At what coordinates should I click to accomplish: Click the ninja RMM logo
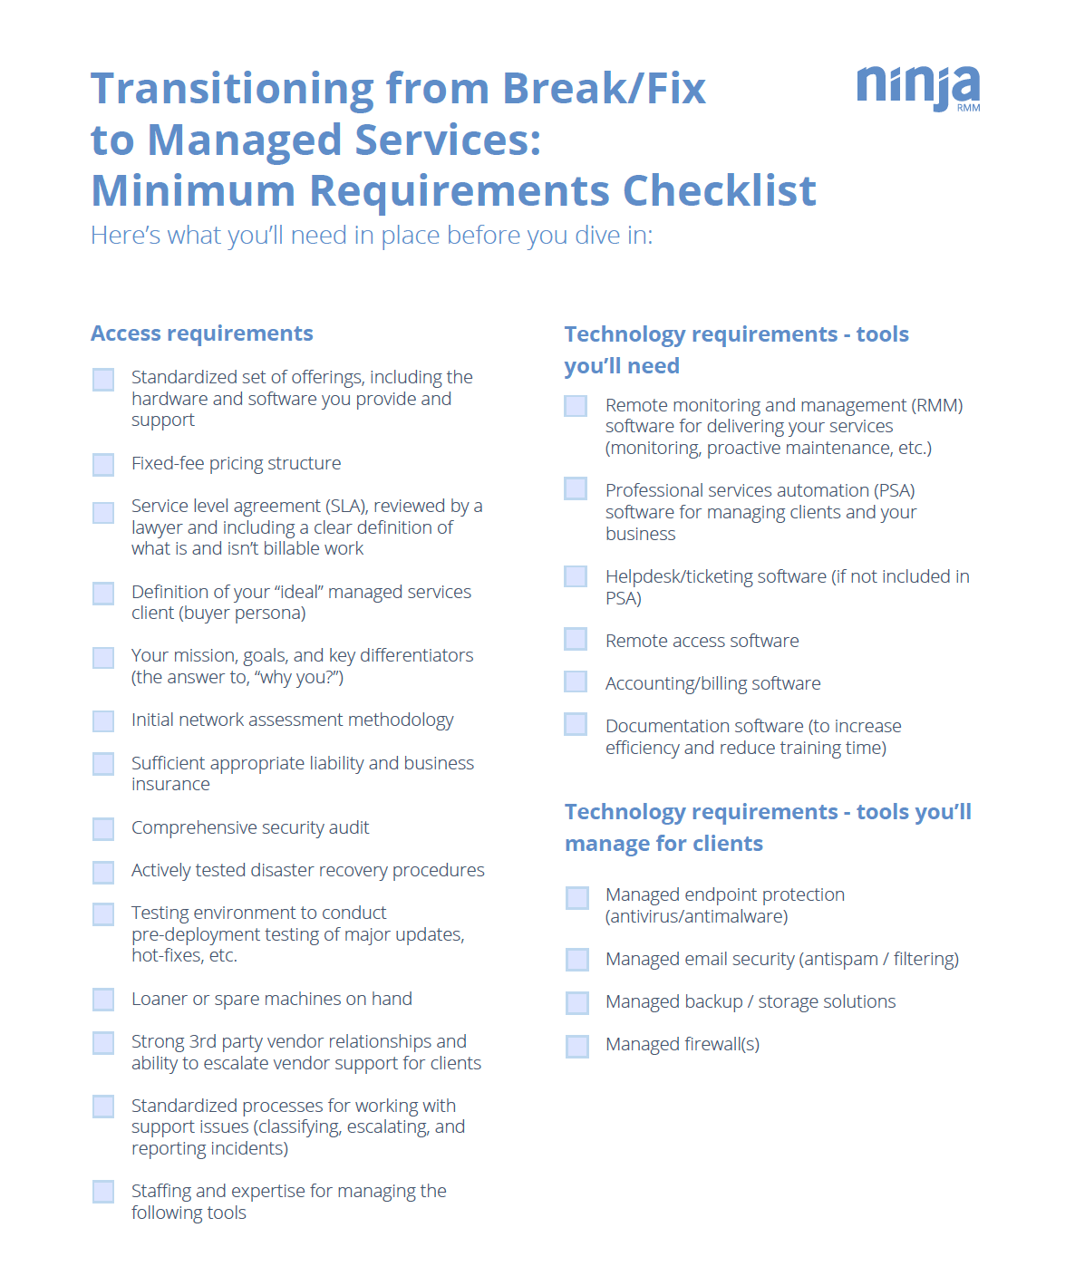[x=917, y=88]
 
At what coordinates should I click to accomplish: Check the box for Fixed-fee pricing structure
[x=103, y=465]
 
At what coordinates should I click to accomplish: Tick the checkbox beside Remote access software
[x=576, y=640]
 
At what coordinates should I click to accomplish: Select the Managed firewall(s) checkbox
[x=577, y=1046]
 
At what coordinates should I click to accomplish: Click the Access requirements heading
[x=202, y=333]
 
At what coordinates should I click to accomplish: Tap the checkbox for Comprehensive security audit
[x=103, y=828]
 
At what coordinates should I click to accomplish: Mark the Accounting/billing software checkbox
[x=576, y=681]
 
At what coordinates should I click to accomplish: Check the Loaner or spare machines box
[x=103, y=1000]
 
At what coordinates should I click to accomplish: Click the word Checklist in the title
[x=720, y=191]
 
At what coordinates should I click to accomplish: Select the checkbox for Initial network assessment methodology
[x=103, y=721]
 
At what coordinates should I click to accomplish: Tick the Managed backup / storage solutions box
[x=577, y=1002]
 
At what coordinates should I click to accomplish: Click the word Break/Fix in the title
[x=604, y=89]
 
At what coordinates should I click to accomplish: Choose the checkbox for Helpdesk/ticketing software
[x=576, y=576]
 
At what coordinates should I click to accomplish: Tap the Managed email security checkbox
[x=577, y=960]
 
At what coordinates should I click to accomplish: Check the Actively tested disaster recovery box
[x=103, y=872]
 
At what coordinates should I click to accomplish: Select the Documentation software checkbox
[x=576, y=724]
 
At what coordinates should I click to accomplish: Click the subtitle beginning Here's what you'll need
[x=372, y=236]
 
